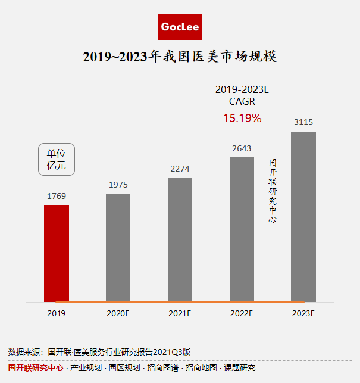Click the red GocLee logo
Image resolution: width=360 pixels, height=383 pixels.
(180, 27)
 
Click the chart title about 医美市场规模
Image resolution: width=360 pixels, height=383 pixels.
(180, 57)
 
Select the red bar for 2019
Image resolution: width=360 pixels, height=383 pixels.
(57, 253)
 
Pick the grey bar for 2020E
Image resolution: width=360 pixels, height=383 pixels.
(118, 248)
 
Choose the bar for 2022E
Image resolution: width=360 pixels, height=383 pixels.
(242, 229)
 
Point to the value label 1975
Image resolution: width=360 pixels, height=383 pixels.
(118, 185)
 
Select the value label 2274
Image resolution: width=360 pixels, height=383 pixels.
(180, 169)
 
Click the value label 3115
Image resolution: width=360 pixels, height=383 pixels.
(303, 122)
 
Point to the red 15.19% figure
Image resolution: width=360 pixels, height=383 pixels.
(242, 118)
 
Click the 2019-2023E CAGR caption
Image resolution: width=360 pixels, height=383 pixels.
(242, 95)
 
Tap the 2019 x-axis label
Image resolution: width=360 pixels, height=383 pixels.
(57, 313)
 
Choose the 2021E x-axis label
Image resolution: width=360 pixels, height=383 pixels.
(180, 313)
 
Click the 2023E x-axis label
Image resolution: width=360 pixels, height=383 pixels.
(303, 313)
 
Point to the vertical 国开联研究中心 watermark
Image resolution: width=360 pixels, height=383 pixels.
(273, 191)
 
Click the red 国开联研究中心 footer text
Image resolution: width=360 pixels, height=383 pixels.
(36, 368)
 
